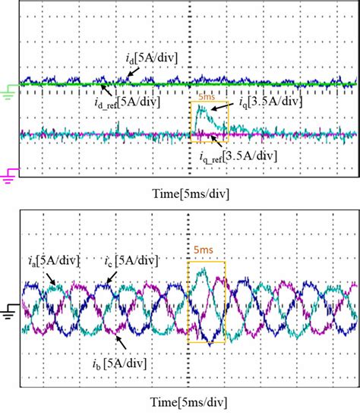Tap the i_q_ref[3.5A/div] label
point(235,156)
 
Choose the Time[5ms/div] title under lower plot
point(181,401)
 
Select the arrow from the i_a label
point(52,278)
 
